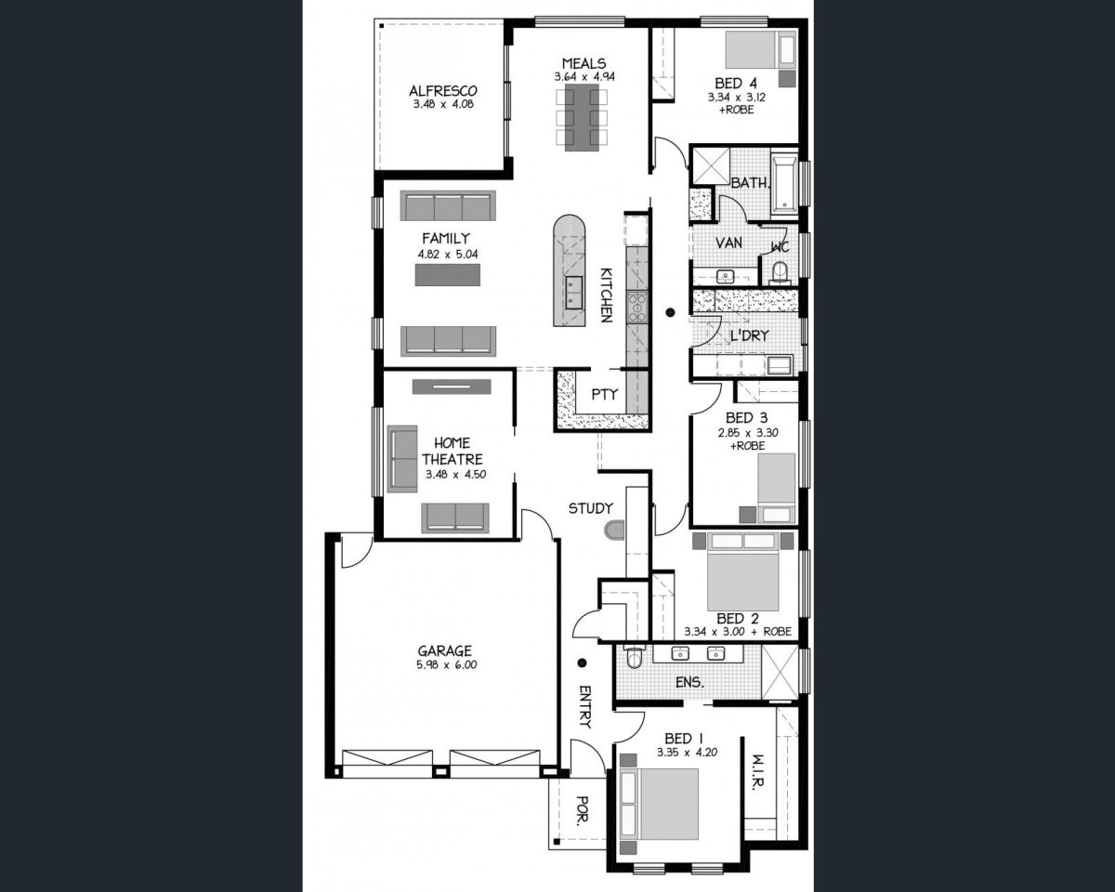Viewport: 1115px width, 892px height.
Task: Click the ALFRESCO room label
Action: [443, 91]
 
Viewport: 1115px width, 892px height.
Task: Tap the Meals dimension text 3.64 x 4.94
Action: [584, 77]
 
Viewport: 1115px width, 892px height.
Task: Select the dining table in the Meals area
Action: [582, 118]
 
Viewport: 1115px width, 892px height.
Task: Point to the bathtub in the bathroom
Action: [784, 185]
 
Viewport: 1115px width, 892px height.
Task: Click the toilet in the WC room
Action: [780, 272]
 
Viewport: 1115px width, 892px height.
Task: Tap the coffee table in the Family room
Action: [447, 275]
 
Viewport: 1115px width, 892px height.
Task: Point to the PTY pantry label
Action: [604, 394]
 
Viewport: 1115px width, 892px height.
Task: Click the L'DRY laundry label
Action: [749, 335]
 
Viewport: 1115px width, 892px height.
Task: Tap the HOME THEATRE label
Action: [452, 451]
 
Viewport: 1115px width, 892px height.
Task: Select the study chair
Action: [614, 531]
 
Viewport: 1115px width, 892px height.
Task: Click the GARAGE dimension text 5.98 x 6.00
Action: [446, 664]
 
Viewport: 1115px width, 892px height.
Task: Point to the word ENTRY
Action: [585, 706]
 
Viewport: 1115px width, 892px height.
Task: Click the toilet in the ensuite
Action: [634, 657]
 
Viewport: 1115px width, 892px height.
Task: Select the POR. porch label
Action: [583, 809]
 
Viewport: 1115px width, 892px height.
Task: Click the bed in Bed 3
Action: [776, 488]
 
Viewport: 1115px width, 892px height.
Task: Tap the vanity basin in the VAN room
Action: [725, 276]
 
